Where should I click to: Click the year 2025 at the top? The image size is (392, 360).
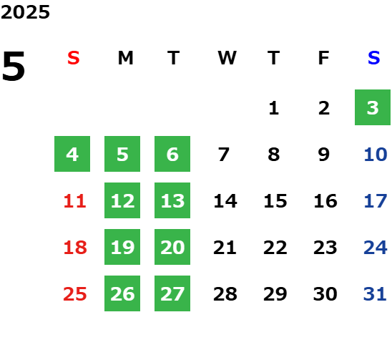(25, 12)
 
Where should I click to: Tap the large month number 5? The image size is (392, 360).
(14, 66)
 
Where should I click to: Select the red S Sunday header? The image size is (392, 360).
(74, 58)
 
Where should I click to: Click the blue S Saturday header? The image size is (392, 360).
(373, 58)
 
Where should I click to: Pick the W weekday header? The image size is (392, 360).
(227, 58)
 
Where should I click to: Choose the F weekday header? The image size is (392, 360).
(324, 58)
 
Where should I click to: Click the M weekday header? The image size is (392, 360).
(125, 58)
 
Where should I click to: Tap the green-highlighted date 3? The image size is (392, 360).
(373, 107)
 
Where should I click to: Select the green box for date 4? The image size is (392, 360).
(72, 154)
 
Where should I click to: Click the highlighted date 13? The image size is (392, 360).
(172, 200)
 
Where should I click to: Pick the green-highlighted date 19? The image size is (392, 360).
(122, 247)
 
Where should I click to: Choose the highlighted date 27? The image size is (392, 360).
(172, 293)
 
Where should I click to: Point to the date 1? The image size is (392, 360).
(274, 108)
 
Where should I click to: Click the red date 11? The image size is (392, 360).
(74, 201)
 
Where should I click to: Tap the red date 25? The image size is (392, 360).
(74, 293)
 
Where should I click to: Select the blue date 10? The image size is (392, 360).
(376, 155)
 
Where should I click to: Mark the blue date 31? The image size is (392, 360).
(375, 293)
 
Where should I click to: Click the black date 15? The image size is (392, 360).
(275, 201)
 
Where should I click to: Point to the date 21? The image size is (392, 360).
(225, 248)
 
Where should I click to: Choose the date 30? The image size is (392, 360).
(325, 293)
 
